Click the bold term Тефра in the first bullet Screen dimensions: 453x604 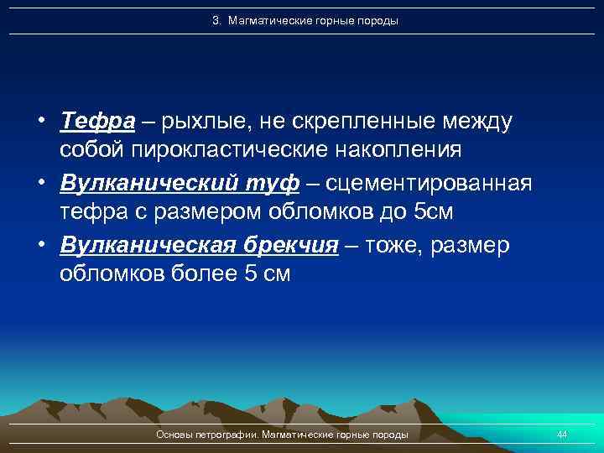97,122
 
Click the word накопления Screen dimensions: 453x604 391,151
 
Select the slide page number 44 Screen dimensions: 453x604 562,434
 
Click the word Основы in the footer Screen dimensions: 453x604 174,434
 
